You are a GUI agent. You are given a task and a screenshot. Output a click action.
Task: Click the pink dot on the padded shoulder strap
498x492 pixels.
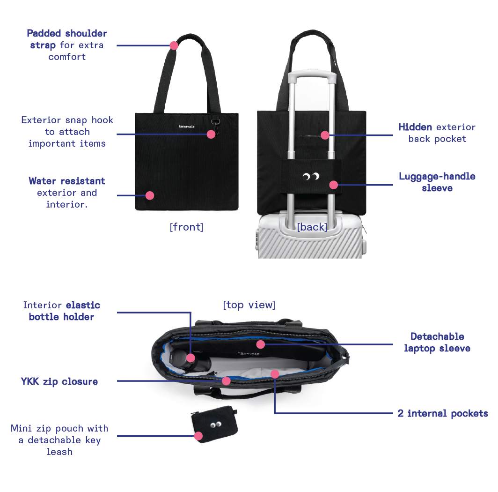click(174, 45)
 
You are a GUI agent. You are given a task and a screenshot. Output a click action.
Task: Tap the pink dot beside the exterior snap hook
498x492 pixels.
click(211, 134)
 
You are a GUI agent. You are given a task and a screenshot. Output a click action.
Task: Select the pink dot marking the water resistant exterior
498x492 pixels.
click(150, 195)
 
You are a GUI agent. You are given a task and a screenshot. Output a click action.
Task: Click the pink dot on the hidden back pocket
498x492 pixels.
click(325, 135)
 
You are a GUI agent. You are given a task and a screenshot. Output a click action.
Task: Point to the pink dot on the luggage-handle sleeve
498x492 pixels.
click(334, 185)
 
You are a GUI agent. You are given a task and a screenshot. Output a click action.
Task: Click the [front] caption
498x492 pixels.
click(186, 227)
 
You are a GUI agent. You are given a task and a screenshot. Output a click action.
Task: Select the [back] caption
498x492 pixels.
click(312, 227)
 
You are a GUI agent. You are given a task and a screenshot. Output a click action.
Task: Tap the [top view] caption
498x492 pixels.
click(249, 305)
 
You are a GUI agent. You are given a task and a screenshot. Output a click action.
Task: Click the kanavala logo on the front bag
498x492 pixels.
click(186, 126)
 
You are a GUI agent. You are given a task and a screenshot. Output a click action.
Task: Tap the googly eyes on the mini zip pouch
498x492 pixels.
click(215, 425)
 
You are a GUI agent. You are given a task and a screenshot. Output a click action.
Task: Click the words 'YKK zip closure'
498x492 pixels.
click(59, 381)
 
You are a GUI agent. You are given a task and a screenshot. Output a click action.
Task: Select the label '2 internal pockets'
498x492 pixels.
click(443, 413)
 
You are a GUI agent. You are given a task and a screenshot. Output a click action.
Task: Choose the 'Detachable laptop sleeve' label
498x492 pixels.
click(437, 343)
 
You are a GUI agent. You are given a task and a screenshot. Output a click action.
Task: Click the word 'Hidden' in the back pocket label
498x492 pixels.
click(415, 127)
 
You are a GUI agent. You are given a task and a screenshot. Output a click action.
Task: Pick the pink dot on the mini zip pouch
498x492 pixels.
click(198, 436)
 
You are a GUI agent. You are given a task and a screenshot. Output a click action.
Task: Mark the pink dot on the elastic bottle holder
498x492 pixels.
click(190, 358)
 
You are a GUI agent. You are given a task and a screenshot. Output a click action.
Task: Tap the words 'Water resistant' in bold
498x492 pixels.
click(67, 181)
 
